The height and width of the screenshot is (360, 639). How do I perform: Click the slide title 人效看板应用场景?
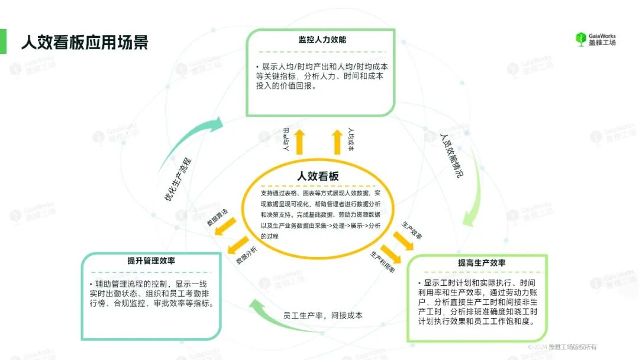(x=85, y=42)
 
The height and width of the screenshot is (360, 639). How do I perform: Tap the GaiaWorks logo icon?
(x=580, y=39)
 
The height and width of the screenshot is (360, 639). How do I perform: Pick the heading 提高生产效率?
(x=482, y=263)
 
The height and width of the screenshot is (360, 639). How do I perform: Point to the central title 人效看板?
(x=318, y=176)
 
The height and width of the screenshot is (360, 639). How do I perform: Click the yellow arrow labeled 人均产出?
(x=299, y=142)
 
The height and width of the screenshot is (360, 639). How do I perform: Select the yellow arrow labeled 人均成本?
(x=337, y=142)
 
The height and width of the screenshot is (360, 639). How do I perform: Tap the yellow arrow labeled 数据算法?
(x=225, y=226)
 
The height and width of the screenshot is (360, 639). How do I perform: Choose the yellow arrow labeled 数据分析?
(x=239, y=243)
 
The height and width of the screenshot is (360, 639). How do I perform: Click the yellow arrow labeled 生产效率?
(x=404, y=239)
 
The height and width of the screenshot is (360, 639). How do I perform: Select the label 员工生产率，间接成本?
(x=322, y=316)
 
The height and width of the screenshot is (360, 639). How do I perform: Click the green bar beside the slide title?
(x=3, y=41)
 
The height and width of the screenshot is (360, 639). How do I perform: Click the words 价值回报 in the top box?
(x=299, y=86)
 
